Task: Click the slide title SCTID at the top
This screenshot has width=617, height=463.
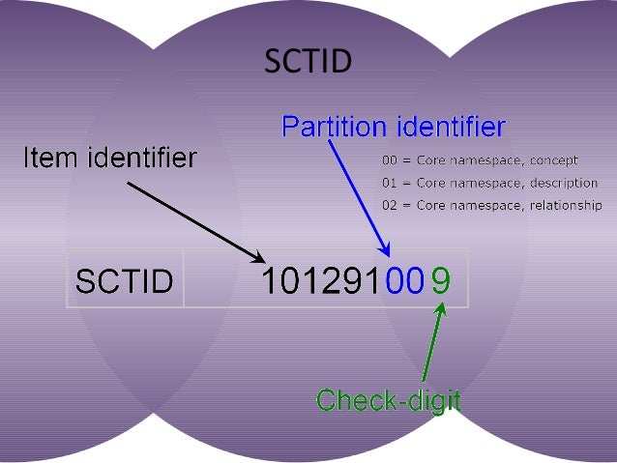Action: pos(308,62)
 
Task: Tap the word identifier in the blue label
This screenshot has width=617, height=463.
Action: pos(451,127)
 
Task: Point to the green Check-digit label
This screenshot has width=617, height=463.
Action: pos(389,399)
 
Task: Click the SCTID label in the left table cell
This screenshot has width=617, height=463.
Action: pos(124,280)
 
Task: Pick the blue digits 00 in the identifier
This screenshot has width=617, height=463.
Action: pos(404,280)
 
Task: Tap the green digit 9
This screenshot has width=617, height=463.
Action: pos(440,280)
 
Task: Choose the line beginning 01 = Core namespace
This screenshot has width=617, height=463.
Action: pos(489,183)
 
